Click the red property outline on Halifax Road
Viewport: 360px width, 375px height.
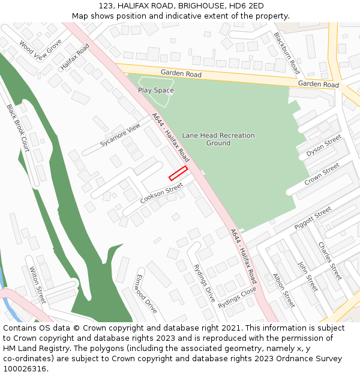[178, 173]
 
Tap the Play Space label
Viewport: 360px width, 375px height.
[156, 91]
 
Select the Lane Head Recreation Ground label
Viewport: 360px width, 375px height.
[218, 139]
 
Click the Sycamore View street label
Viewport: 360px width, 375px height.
[120, 135]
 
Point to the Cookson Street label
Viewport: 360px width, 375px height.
[161, 193]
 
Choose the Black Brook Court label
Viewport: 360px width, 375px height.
[17, 128]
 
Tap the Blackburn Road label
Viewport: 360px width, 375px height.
[286, 53]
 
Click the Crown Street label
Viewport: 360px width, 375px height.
[322, 175]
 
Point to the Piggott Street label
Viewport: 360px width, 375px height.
[313, 218]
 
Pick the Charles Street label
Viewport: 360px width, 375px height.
[329, 261]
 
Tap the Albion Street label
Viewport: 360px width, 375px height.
[284, 290]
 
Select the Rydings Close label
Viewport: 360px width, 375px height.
[237, 297]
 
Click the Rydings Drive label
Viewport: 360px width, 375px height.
[205, 283]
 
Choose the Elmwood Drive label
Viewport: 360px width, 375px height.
[146, 294]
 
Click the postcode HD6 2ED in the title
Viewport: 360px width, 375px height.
[247, 6]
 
